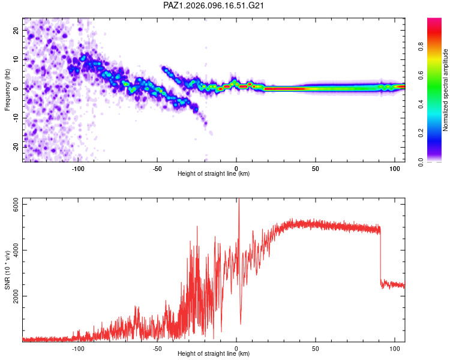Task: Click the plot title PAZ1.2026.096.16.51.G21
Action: (214, 5)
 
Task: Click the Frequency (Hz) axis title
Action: (7, 90)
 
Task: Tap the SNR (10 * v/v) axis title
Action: (7, 270)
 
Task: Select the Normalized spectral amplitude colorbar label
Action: (445, 90)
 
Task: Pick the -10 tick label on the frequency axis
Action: (16, 118)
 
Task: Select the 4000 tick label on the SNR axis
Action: (16, 250)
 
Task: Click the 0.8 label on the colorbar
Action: (421, 46)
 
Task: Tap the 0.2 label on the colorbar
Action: (421, 133)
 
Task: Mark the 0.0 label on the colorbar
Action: (421, 162)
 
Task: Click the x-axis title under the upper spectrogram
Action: (214, 173)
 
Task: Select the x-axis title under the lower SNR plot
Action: (214, 353)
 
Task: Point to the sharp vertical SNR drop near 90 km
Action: (380, 256)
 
